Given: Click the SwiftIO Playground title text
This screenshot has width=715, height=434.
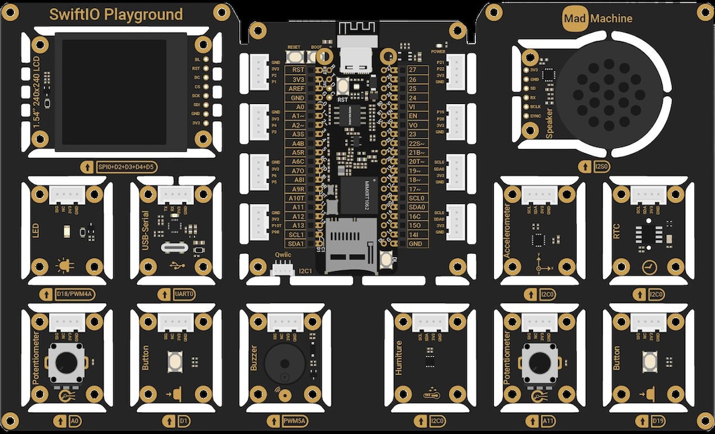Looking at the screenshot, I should tap(117, 15).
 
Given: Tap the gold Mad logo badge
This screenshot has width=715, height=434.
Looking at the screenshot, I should tap(575, 19).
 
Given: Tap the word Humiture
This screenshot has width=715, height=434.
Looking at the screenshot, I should tap(399, 358).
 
